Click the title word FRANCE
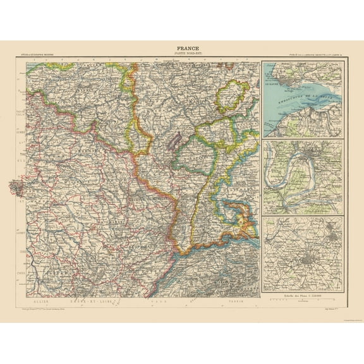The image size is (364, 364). (181, 47)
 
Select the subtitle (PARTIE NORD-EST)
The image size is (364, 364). (181, 53)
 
